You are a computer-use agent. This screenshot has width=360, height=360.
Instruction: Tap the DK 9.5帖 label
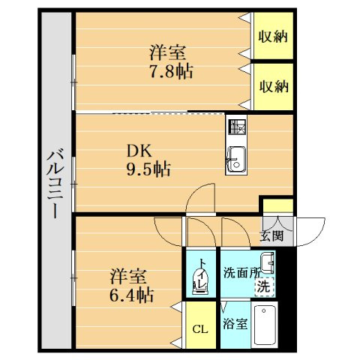pyautogui.click(x=147, y=160)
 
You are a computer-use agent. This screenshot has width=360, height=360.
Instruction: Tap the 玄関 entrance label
pyautogui.click(x=271, y=236)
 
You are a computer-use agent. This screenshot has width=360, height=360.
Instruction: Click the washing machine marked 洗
pyautogui.click(x=263, y=286)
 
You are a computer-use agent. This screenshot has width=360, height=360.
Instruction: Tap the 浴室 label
pyautogui.click(x=235, y=324)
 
